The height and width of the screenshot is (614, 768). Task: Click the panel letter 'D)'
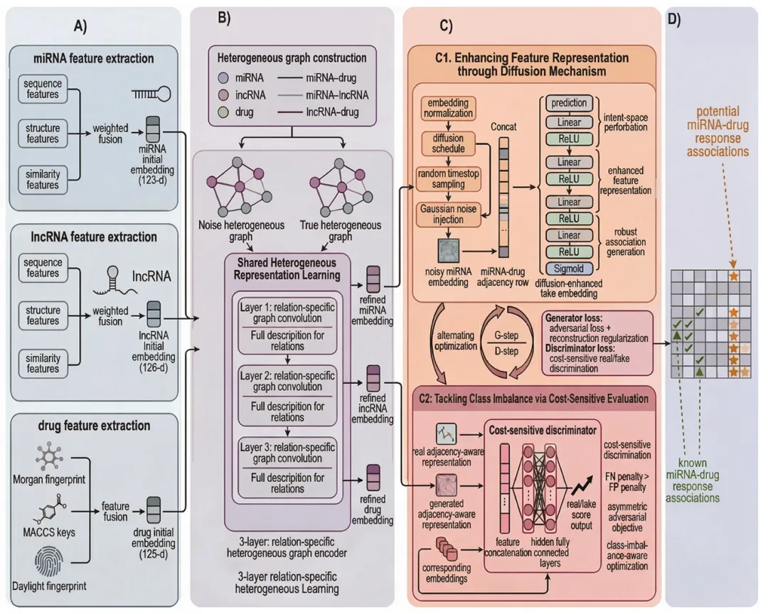pos(675,21)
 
